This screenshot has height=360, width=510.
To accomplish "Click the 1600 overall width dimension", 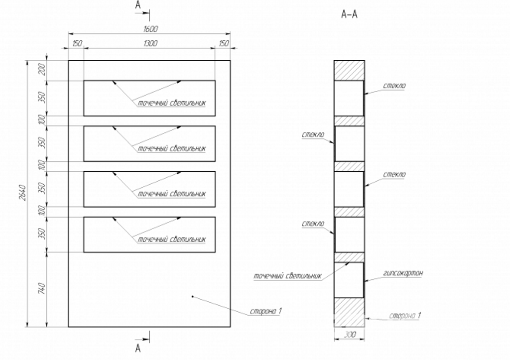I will coord(150,29).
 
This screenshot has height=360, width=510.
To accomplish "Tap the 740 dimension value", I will coord(42,289).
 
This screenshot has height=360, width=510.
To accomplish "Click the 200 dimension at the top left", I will coord(42,71).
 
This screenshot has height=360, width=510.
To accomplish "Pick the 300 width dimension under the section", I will coord(349,335).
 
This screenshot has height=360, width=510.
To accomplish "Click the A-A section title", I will coord(349,14).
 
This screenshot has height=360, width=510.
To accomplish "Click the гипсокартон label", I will coord(403,273).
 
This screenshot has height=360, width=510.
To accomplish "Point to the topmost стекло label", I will coord(394,86).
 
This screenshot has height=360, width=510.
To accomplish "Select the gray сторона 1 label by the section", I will coord(405,316).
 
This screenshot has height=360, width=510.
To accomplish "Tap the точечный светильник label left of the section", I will coord(287,275).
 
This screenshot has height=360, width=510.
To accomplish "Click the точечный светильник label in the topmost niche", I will coord(171,103).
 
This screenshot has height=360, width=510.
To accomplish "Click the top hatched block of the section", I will coord(349,70).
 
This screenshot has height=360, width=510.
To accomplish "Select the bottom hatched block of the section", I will coord(349,312).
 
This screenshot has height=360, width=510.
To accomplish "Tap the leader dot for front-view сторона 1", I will coord(192,297).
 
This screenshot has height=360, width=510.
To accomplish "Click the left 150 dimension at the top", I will coord(77,44).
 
